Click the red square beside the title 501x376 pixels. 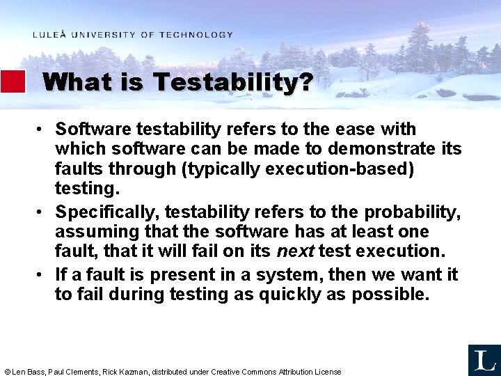[x=13, y=81]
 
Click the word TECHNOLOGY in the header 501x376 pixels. [x=196, y=35]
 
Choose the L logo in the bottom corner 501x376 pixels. [x=484, y=359]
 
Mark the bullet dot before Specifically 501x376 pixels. [x=42, y=212]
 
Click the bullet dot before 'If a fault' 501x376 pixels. [x=42, y=274]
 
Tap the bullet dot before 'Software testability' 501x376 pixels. [x=42, y=130]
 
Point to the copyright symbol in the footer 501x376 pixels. [x=7, y=372]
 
